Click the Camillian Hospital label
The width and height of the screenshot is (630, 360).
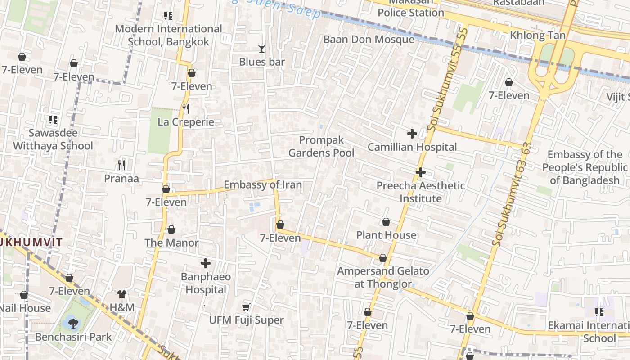[412, 147]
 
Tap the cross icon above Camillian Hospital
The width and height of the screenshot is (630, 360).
[412, 134]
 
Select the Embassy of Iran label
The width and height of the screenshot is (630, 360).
[263, 185]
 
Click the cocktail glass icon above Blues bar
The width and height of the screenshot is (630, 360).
[262, 49]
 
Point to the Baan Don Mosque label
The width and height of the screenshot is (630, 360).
[369, 40]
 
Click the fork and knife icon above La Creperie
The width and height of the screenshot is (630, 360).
[186, 109]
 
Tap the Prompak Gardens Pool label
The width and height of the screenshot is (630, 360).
[321, 147]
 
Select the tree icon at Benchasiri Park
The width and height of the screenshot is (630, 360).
[73, 322]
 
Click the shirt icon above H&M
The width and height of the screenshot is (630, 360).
[122, 294]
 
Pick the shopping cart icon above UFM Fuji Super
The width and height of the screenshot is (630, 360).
[246, 307]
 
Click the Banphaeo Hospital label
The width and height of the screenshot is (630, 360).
[206, 283]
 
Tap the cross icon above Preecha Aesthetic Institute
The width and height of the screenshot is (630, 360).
[421, 172]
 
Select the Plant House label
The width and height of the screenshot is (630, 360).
[386, 235]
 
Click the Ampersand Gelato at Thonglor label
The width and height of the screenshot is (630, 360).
[383, 277]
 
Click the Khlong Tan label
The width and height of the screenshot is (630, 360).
[538, 35]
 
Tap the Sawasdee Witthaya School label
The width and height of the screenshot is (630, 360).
[53, 139]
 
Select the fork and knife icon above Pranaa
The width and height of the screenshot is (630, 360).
[121, 165]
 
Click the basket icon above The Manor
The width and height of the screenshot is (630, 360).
[171, 230]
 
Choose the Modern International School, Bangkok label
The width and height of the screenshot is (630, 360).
[168, 35]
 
